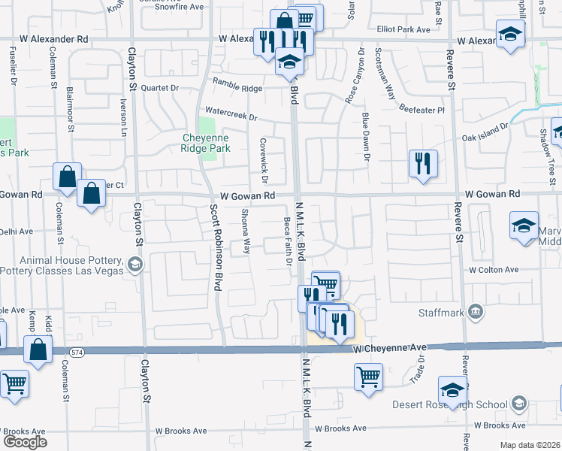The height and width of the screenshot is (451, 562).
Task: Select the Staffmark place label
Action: pyautogui.click(x=443, y=311)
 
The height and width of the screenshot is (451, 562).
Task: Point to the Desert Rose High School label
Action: pyautogui.click(x=450, y=404)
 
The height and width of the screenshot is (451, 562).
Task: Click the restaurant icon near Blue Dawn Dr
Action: pyautogui.click(x=423, y=163)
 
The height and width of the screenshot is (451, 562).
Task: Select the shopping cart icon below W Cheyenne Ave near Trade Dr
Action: pyautogui.click(x=368, y=376)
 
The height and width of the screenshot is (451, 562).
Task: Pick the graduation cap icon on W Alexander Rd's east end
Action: pyautogui.click(x=511, y=34)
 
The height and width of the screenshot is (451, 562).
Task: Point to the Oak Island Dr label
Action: pyautogui.click(x=485, y=133)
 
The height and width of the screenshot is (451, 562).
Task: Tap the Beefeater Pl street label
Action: pyautogui.click(x=421, y=108)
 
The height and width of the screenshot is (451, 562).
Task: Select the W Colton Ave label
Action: pyautogui.click(x=494, y=269)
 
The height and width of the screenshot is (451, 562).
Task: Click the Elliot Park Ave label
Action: pyautogui.click(x=403, y=30)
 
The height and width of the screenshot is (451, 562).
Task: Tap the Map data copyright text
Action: pyautogui.click(x=529, y=444)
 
